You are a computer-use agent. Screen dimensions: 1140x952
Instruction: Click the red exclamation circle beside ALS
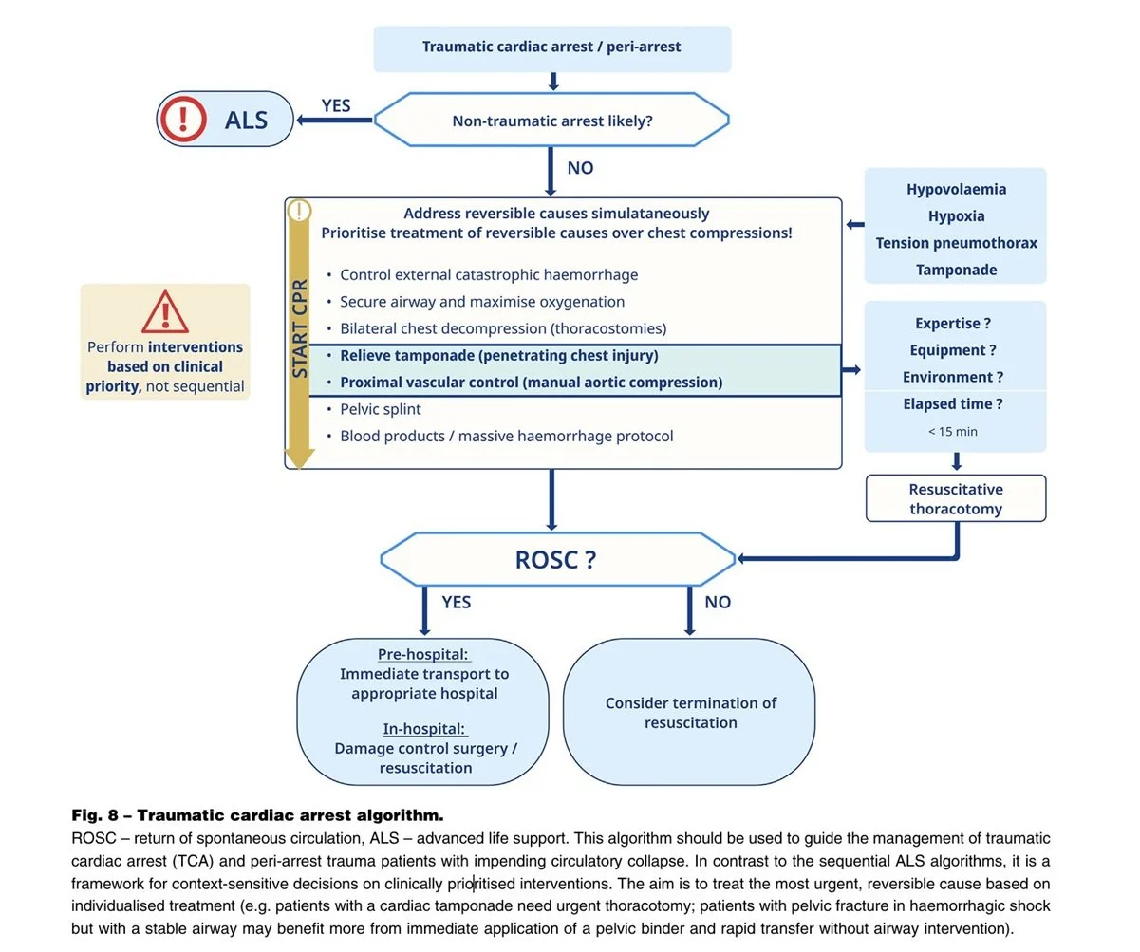click(x=183, y=119)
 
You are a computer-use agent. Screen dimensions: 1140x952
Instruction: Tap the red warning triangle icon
click(x=165, y=311)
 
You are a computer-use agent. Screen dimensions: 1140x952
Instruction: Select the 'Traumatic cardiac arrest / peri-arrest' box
click(x=552, y=48)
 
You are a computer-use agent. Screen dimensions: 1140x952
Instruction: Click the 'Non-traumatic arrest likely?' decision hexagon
click(x=551, y=120)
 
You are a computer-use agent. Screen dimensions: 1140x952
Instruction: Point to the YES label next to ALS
click(x=336, y=105)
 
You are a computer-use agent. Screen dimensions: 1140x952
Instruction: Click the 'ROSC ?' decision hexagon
click(x=557, y=559)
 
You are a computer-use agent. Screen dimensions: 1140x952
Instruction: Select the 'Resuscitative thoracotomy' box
click(x=956, y=498)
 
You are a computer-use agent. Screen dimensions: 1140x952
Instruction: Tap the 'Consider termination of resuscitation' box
click(x=689, y=712)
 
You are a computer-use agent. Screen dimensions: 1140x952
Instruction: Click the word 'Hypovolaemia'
click(x=956, y=189)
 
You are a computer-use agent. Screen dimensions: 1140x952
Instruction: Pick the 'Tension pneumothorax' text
click(x=956, y=243)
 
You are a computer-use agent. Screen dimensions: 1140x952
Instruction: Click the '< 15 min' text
click(x=953, y=431)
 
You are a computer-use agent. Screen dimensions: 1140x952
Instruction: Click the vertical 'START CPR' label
click(x=300, y=328)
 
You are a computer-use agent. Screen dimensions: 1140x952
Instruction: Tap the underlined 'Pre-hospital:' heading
click(x=423, y=654)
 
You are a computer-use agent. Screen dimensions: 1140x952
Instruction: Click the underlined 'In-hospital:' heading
click(x=423, y=729)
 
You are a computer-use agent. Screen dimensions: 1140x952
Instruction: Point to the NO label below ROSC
click(x=718, y=602)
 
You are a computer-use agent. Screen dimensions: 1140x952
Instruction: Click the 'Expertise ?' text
click(x=953, y=323)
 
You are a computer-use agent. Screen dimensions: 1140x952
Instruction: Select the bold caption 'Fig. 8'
click(x=95, y=815)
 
